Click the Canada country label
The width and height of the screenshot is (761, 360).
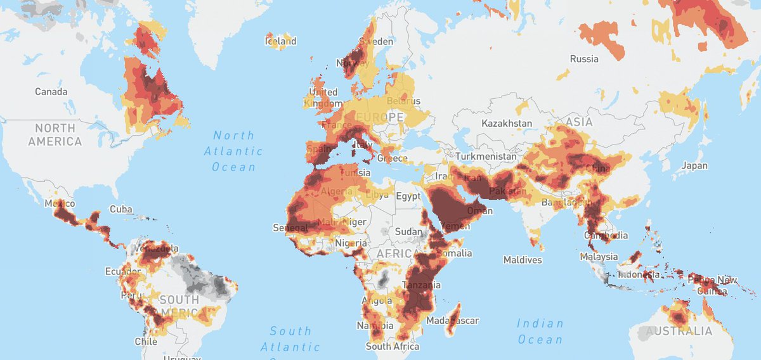(51, 92)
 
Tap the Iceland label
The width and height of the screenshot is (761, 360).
(280, 41)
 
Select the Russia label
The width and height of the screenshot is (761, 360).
(584, 59)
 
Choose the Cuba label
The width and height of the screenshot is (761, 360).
(120, 209)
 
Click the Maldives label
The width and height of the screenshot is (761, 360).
(523, 260)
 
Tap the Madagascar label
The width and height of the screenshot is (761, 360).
(453, 321)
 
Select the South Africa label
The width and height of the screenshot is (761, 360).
(392, 347)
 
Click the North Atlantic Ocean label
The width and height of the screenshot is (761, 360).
(233, 151)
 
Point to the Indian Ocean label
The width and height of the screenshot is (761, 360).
(540, 331)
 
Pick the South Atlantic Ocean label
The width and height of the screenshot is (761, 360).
(290, 339)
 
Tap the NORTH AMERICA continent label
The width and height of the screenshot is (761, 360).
(55, 135)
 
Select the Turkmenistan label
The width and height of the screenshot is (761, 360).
(484, 156)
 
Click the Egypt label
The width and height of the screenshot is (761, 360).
(408, 196)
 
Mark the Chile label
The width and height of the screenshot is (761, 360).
(145, 342)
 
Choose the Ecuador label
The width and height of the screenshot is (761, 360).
(122, 272)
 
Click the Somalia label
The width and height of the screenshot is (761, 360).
(454, 254)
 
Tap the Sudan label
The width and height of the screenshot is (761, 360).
(408, 232)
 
